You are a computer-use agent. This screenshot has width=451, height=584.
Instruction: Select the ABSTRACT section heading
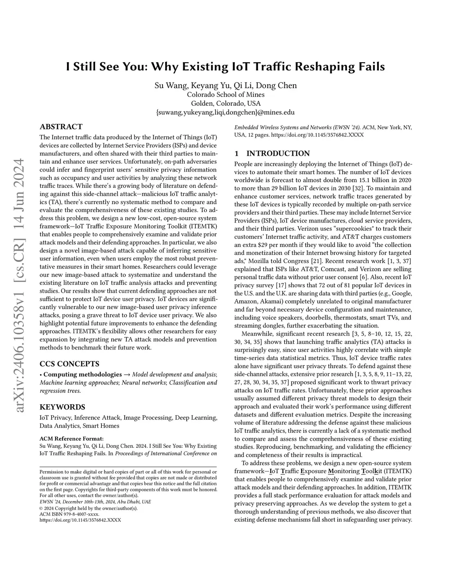[x=61, y=126]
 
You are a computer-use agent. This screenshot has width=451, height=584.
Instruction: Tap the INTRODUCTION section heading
[x=277, y=153]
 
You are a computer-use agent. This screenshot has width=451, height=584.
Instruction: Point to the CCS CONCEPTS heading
[x=69, y=364]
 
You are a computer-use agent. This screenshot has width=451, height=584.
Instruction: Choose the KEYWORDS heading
[x=62, y=407]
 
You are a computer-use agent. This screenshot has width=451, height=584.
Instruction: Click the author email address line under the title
[x=225, y=112]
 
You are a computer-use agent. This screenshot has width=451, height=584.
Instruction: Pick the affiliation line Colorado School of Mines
[x=225, y=94]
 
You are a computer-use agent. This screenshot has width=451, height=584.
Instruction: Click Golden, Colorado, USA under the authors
[x=225, y=103]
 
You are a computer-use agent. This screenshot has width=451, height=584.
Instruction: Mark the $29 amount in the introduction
[x=260, y=245]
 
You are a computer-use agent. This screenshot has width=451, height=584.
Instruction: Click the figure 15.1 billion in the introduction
[x=376, y=180]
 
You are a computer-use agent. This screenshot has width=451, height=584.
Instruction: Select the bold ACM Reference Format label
[x=72, y=439]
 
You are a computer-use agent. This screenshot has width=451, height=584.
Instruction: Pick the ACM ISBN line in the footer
[x=70, y=514]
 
